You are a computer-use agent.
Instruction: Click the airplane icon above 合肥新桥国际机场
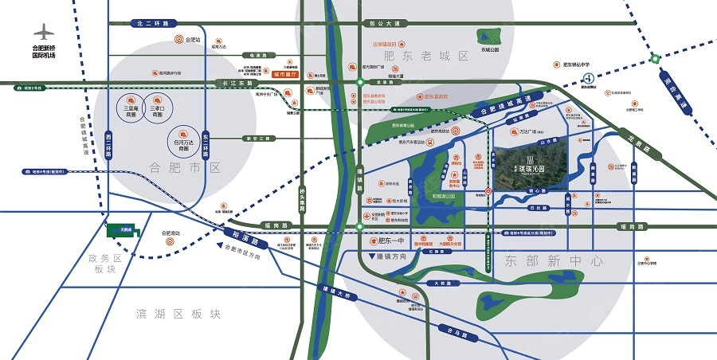[43, 33]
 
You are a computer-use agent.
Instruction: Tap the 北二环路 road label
[154, 24]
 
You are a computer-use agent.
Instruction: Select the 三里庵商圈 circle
[131, 107]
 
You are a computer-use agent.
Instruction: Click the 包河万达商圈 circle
[183, 139]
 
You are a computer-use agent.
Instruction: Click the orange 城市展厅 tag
[284, 74]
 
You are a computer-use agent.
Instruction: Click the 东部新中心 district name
[554, 260]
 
